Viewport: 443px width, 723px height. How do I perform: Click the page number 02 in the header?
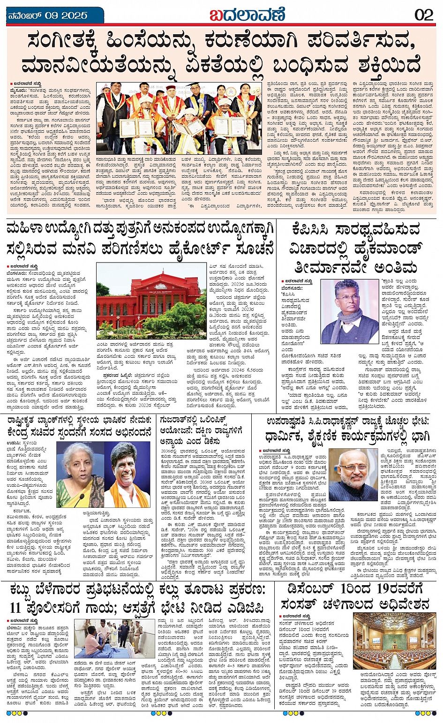(424, 15)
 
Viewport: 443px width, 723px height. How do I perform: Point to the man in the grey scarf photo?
(349, 311)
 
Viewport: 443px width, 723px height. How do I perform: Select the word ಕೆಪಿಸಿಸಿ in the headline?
(317, 230)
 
